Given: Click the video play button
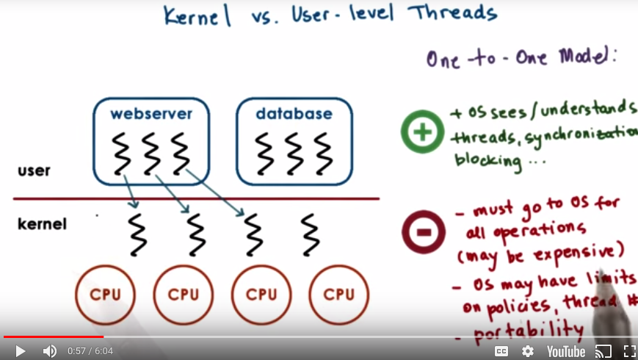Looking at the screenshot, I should point(21,351).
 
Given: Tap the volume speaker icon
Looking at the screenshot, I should point(49,351).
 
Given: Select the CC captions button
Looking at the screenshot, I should point(501,351).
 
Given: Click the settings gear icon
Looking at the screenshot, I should point(528,351).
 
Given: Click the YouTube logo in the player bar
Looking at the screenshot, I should point(565,351).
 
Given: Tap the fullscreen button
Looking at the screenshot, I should point(629,351).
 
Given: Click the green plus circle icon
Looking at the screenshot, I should point(422,132).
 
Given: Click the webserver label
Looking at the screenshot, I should point(151,114).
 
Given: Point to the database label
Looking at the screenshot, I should point(294,114).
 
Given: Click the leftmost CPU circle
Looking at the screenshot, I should point(105,295).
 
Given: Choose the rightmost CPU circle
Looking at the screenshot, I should point(338,295).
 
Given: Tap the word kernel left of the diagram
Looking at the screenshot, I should point(42,223).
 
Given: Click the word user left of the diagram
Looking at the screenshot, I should point(34,170).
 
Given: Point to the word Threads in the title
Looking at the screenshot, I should point(452,13).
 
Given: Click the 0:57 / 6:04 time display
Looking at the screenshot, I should point(90,351).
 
